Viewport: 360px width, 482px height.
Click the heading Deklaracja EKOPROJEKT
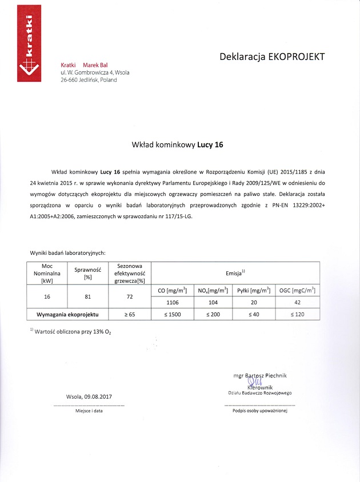point(272,57)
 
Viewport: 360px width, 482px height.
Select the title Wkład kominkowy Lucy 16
point(177,145)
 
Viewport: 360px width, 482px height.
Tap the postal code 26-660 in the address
point(71,80)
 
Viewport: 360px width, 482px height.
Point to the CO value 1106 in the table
point(173,303)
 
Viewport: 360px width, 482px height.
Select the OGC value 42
point(297,303)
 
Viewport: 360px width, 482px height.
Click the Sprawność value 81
point(88,297)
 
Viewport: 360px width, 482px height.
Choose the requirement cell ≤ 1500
point(173,315)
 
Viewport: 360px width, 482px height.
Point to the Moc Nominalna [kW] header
point(47,273)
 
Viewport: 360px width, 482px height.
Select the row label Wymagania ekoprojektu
point(69,315)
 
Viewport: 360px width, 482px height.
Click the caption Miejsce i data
point(89,411)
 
